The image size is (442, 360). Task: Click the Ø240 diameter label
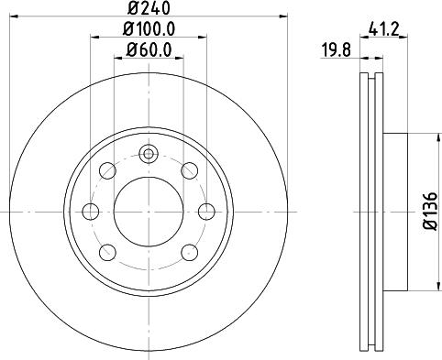[148, 8]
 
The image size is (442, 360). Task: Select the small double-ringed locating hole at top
[148, 154]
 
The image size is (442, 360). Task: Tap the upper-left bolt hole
[106, 171]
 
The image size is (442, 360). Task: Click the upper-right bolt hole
[189, 171]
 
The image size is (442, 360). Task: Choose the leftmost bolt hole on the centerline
[90, 212]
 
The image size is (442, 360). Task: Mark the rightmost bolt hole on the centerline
[205, 212]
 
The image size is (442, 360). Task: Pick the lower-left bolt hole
[106, 252]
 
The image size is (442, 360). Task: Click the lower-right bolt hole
[189, 252]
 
